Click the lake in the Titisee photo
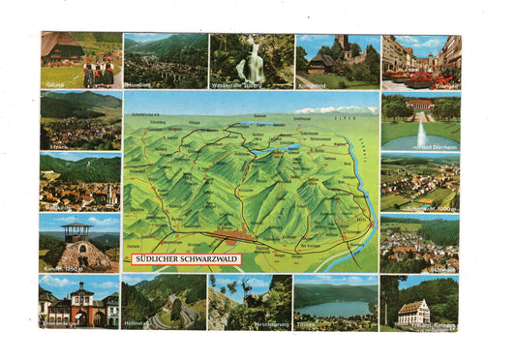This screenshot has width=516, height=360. coord(333,309)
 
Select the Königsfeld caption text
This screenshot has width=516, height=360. coord(319,84)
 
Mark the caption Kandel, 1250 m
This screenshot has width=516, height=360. coord(64,265)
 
